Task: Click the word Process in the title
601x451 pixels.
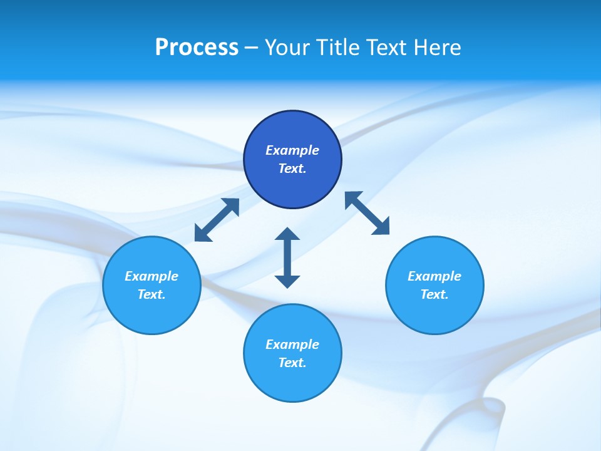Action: [x=197, y=48]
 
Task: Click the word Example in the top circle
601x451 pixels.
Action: [x=292, y=150]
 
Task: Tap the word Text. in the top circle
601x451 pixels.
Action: [x=292, y=168]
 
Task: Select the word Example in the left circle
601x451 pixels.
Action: [x=152, y=276]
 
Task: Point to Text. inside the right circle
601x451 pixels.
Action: [x=434, y=294]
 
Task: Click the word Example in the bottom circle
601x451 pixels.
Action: [x=292, y=345]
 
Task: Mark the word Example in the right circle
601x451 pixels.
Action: [x=434, y=276]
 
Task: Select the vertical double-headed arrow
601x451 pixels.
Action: [x=287, y=257]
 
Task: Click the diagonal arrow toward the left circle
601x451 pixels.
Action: [x=217, y=220]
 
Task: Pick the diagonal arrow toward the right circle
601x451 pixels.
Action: [x=367, y=213]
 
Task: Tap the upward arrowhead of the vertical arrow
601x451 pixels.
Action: [x=287, y=234]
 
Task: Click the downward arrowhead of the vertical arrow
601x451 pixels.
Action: [x=287, y=281]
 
